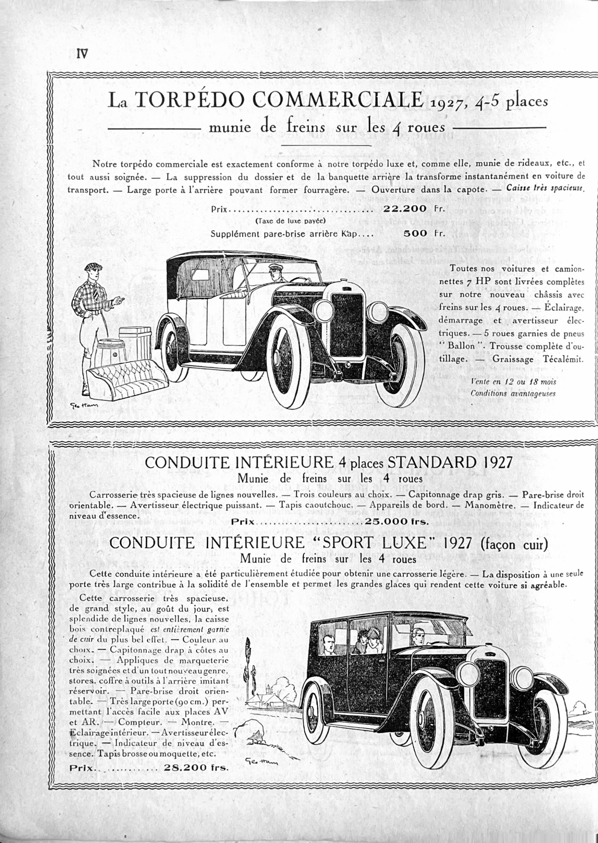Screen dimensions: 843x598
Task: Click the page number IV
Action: tap(82, 54)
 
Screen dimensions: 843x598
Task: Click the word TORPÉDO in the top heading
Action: tap(190, 100)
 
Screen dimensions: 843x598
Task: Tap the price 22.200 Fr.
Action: tap(414, 209)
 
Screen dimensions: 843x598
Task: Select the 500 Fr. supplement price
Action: tap(424, 233)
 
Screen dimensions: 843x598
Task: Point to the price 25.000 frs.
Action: tap(397, 521)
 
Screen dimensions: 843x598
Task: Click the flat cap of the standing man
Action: tap(93, 267)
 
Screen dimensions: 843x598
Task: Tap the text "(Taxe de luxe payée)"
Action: tap(290, 221)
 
